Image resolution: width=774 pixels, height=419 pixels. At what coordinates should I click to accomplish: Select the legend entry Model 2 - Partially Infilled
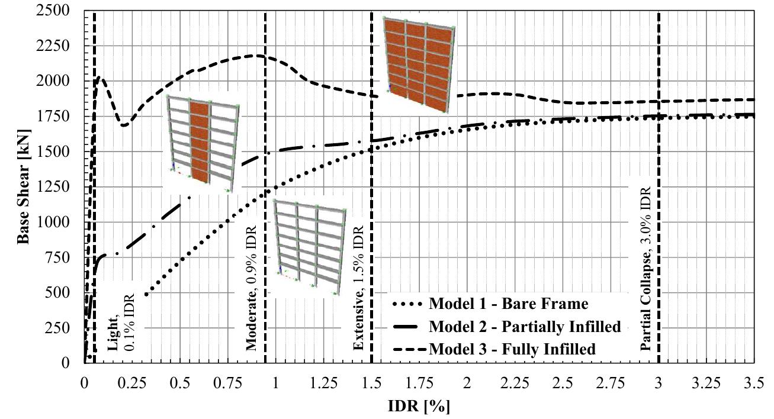(x=525, y=327)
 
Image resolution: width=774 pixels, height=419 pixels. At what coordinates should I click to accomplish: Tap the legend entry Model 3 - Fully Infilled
(x=512, y=349)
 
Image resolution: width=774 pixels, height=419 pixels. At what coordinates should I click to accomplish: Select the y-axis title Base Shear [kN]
(x=24, y=187)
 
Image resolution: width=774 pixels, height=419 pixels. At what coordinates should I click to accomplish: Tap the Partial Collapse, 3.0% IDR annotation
(x=646, y=269)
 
